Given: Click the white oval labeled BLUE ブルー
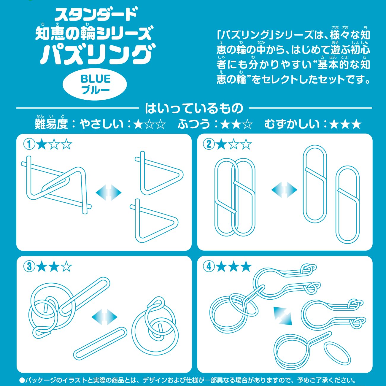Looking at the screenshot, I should (x=95, y=84).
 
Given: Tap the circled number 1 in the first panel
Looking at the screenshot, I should (x=29, y=144).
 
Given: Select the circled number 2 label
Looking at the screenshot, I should (x=209, y=144).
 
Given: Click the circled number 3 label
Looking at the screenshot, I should (x=29, y=266).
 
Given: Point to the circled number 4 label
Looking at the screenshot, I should (x=209, y=266).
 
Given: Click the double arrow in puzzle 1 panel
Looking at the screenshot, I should (x=109, y=192).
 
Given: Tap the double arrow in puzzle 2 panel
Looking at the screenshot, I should (x=284, y=189).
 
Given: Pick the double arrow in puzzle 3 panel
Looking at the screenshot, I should (x=104, y=317).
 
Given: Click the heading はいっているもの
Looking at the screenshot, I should (x=194, y=108).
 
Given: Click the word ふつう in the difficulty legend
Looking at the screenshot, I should (x=194, y=124).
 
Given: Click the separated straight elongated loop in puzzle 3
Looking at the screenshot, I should (x=100, y=343).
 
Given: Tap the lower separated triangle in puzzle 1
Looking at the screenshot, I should (x=154, y=221).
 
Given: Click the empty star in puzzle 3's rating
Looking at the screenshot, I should (x=66, y=267).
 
